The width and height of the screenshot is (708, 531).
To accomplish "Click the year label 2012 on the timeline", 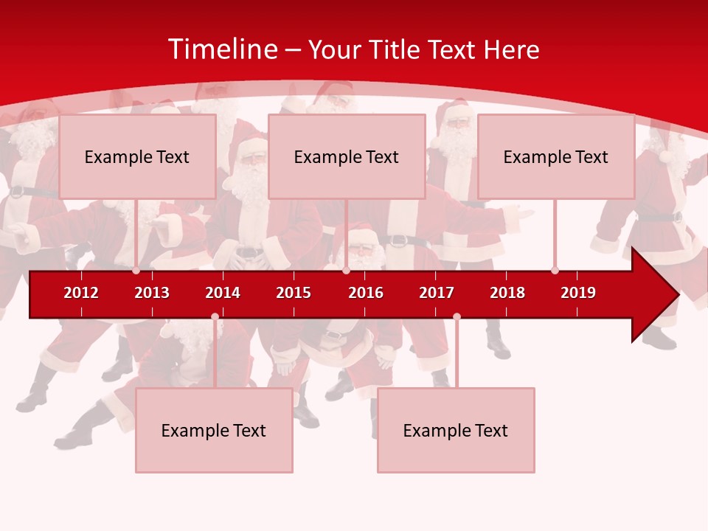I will click(x=81, y=293).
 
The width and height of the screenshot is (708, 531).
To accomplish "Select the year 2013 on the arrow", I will click(x=152, y=293).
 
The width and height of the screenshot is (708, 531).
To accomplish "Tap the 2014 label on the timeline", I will click(x=223, y=293).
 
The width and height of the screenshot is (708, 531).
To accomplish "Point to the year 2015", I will click(x=294, y=293).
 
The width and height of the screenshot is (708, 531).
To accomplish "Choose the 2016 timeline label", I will click(x=366, y=293).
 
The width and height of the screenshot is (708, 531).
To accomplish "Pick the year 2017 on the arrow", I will click(x=437, y=293).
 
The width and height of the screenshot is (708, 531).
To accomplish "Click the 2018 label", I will click(x=507, y=293).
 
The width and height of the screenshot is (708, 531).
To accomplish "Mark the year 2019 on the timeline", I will click(x=578, y=293).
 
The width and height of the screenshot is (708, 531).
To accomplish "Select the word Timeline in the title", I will click(x=223, y=49).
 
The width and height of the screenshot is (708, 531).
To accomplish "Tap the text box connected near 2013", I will click(x=137, y=156).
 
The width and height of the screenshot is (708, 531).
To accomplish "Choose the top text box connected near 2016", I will click(x=347, y=156).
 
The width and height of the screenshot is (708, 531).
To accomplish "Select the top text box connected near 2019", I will click(x=556, y=156).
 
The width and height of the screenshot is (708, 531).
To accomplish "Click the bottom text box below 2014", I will click(x=214, y=430).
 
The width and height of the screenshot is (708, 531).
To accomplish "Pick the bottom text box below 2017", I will click(x=456, y=430).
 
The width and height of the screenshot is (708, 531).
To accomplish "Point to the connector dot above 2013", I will click(x=136, y=271).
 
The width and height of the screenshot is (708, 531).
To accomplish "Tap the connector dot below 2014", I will click(x=215, y=317).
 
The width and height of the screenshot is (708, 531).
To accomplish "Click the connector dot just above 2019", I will click(x=555, y=271).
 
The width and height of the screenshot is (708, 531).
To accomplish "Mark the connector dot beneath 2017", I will click(x=457, y=317).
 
